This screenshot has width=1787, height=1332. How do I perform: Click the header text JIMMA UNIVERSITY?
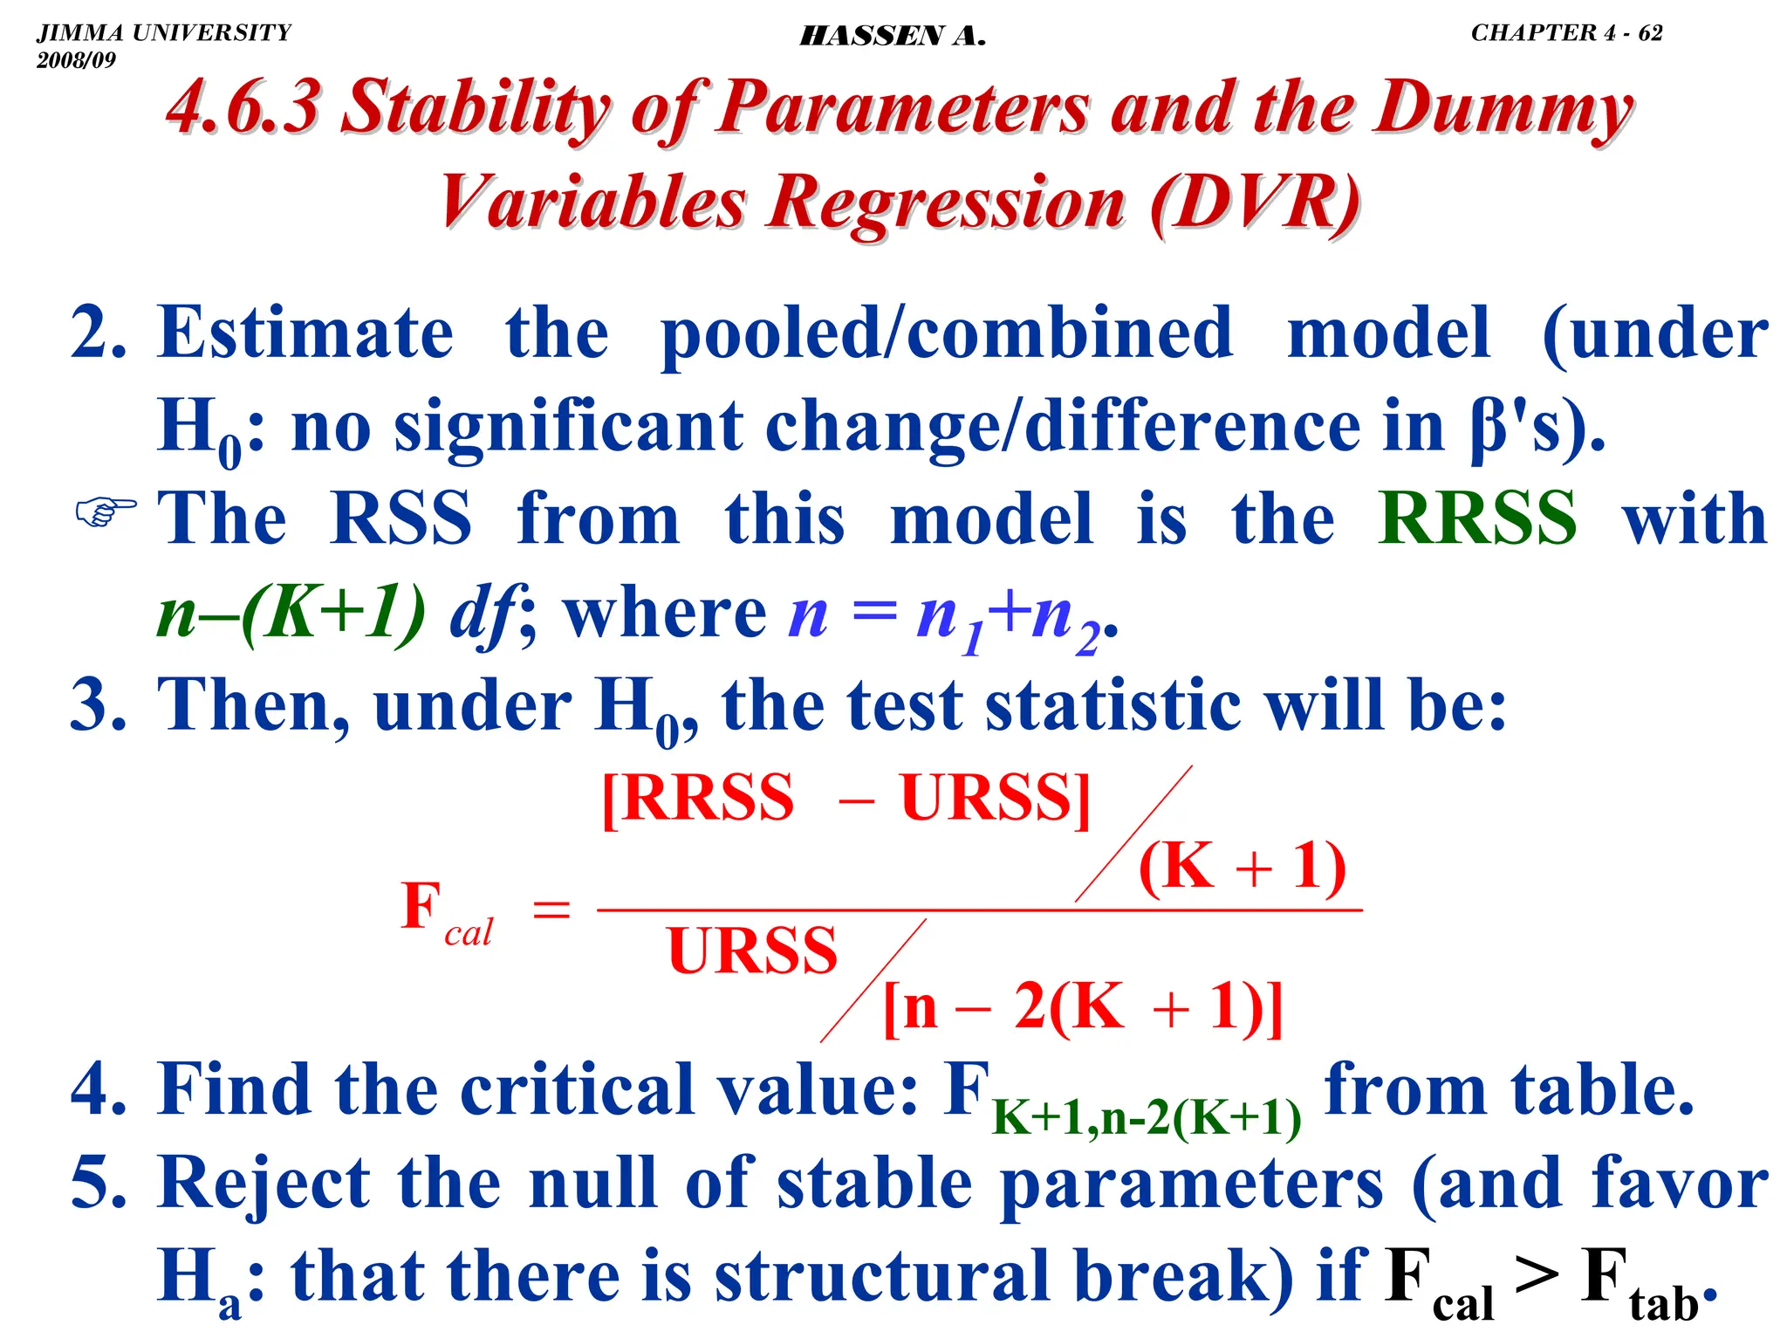[x=163, y=33]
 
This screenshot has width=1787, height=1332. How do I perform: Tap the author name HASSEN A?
[x=893, y=36]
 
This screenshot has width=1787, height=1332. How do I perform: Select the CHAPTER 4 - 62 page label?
[x=1566, y=33]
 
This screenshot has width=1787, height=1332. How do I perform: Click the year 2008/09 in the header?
[x=76, y=60]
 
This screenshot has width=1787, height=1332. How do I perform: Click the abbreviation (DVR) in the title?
[x=1255, y=203]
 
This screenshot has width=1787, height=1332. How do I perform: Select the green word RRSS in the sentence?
[x=1477, y=518]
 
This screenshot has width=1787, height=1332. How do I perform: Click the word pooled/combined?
[x=947, y=334]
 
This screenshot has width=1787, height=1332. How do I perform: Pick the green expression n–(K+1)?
[x=291, y=614]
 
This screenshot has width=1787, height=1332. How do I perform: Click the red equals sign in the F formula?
[x=551, y=911]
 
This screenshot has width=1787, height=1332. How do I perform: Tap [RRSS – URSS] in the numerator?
[x=846, y=798]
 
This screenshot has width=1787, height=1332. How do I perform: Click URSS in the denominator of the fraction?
[x=752, y=951]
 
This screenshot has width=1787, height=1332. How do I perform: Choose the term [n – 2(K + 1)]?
[x=1083, y=1007]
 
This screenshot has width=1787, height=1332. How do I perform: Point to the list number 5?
[x=99, y=1183]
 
